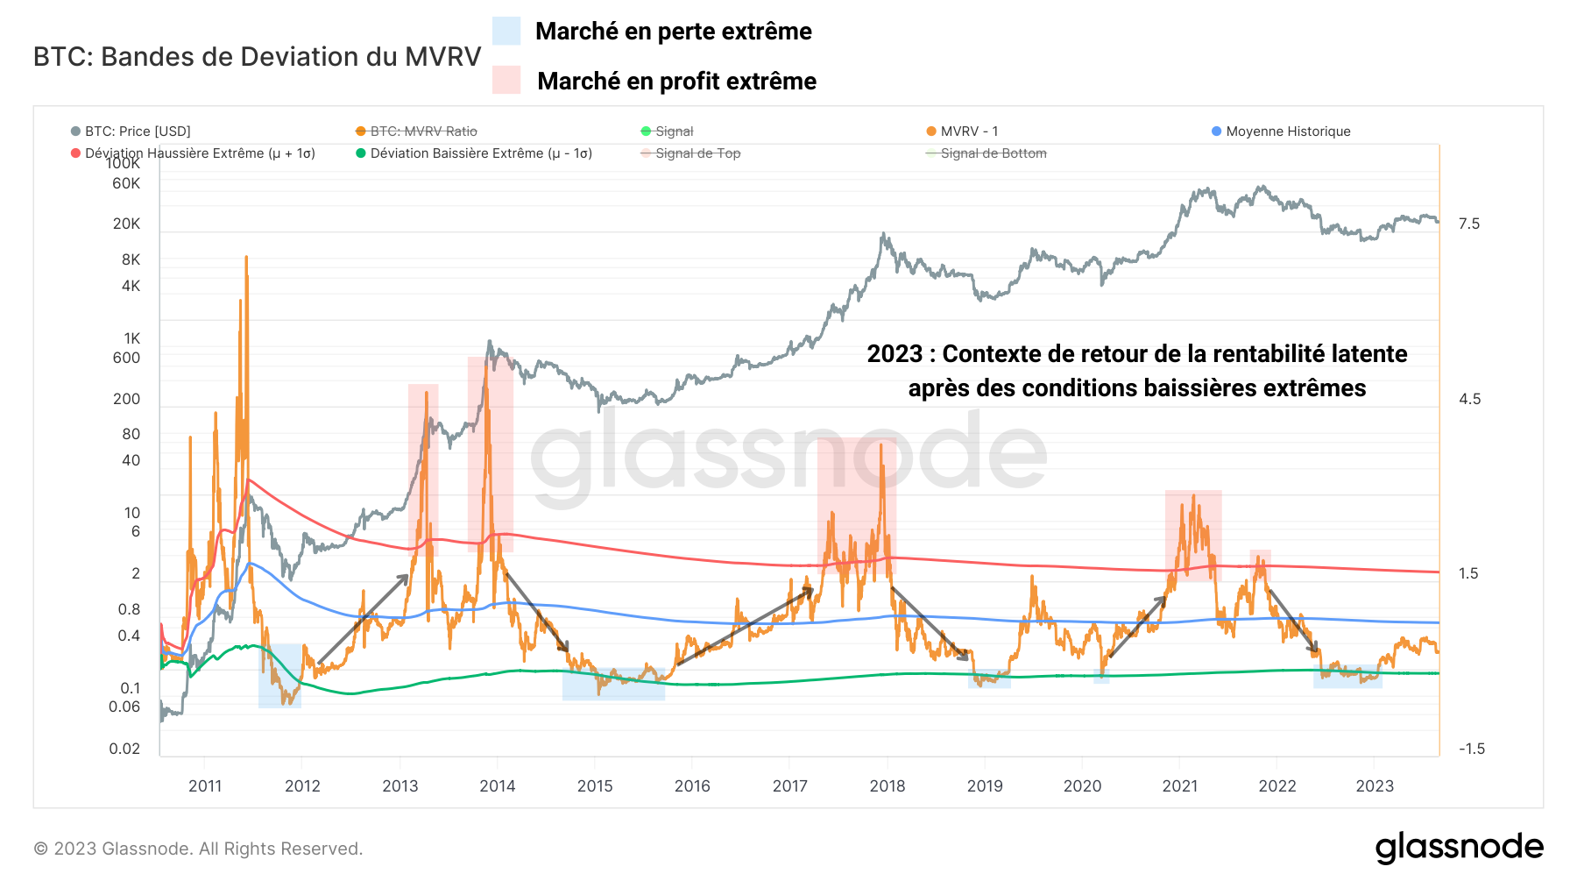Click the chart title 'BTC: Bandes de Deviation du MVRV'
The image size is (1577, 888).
click(x=257, y=57)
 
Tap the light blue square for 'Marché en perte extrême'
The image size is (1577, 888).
click(x=506, y=31)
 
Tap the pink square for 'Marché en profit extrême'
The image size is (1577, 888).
click(x=506, y=80)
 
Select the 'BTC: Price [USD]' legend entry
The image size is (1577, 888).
click(x=131, y=131)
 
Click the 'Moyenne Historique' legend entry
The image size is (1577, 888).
click(x=1281, y=131)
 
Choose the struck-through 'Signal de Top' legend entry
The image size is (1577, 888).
click(x=691, y=153)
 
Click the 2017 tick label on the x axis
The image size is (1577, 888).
click(x=789, y=786)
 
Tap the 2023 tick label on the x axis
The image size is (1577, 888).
click(x=1375, y=786)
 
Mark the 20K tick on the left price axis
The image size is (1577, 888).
click(x=126, y=224)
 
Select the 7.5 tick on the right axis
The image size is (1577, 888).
click(x=1469, y=224)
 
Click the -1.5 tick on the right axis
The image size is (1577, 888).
click(x=1471, y=749)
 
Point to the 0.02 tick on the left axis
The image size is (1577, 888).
click(x=124, y=749)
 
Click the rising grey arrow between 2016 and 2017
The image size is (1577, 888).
click(x=745, y=626)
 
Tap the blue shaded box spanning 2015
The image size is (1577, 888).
click(x=613, y=685)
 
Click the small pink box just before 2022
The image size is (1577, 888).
click(x=1260, y=561)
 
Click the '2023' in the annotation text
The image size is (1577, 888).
click(x=895, y=354)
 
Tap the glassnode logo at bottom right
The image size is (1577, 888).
click(x=1459, y=848)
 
